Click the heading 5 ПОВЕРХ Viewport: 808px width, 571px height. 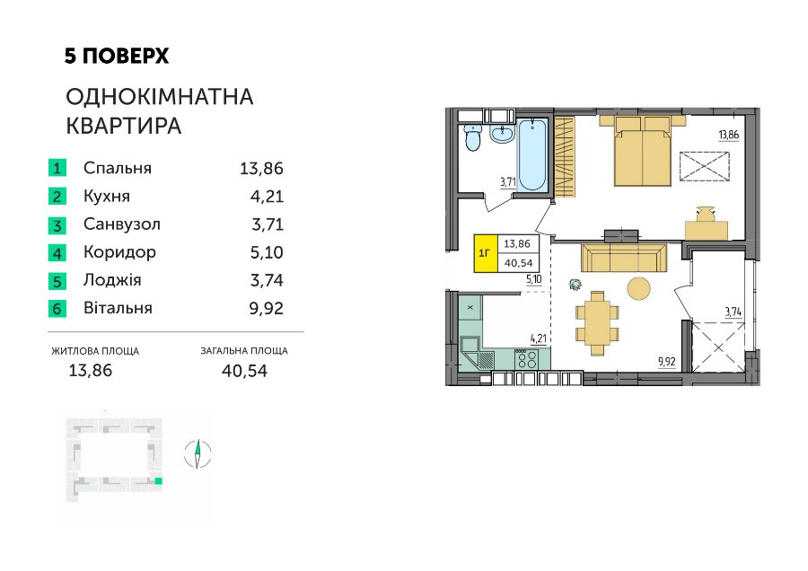(117, 56)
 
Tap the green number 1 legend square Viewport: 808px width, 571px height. (57, 168)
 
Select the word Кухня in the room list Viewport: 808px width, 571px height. (107, 197)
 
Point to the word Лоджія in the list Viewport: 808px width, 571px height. (112, 280)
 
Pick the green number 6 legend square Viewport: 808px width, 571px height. (57, 308)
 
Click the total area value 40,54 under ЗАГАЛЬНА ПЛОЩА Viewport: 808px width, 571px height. (244, 371)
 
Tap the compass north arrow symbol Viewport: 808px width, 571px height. (198, 454)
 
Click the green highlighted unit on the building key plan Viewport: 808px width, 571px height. (159, 481)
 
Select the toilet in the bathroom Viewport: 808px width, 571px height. (472, 137)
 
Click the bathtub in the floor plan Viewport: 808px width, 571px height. (531, 154)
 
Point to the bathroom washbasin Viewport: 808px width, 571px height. (501, 134)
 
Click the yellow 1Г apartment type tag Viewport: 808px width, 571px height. (486, 253)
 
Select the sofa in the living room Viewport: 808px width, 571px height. (624, 256)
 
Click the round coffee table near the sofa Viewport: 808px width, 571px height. (639, 288)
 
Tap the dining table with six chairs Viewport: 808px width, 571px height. (597, 323)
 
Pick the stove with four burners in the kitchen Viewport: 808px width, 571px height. (526, 359)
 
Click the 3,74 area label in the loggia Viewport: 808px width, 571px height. (733, 312)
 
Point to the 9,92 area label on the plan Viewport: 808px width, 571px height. (667, 362)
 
